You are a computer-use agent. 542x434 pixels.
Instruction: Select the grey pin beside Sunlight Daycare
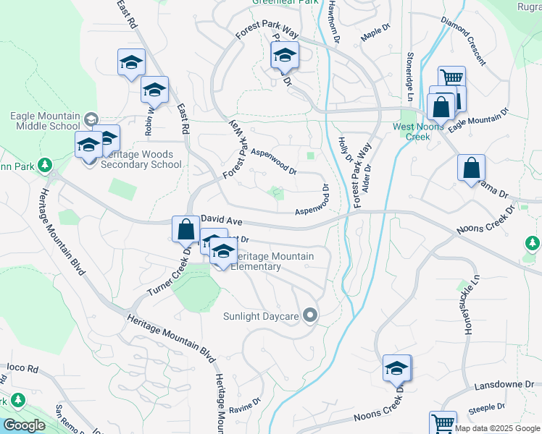click(311, 315)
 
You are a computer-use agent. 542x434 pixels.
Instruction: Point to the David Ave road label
click(221, 217)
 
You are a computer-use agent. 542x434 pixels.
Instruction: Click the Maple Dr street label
click(375, 33)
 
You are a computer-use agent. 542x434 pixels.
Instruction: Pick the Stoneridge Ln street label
click(409, 76)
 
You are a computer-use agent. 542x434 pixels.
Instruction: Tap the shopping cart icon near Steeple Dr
click(442, 422)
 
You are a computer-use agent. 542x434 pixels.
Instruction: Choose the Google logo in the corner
click(24, 425)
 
